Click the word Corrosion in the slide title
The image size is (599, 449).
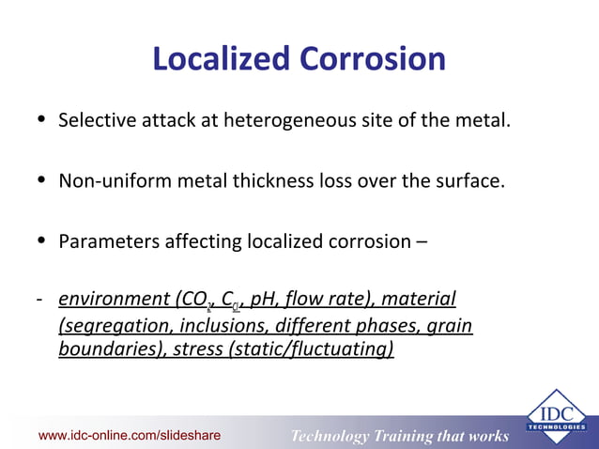pyautogui.click(x=373, y=59)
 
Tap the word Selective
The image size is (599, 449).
pyautogui.click(x=97, y=121)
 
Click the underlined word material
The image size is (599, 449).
pyautogui.click(x=420, y=300)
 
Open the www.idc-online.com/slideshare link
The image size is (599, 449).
pyautogui.click(x=130, y=436)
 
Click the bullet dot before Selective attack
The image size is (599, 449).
pyautogui.click(x=39, y=121)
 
